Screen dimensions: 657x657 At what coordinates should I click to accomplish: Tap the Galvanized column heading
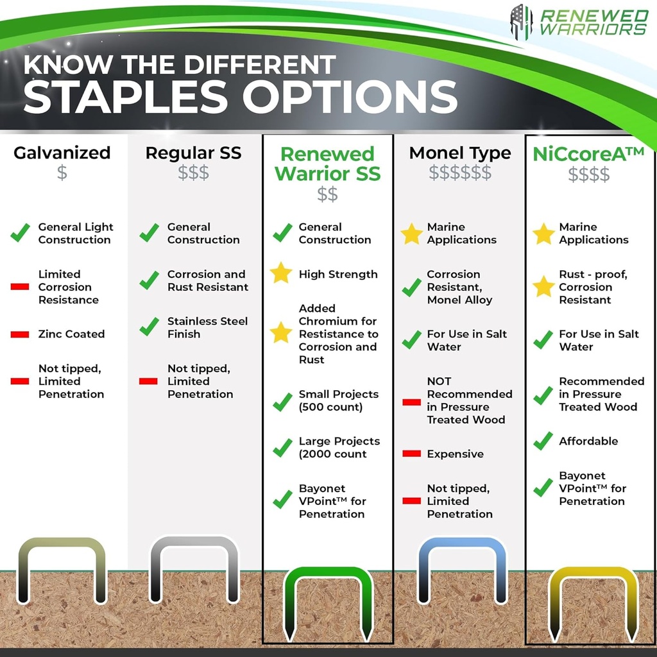click(x=62, y=153)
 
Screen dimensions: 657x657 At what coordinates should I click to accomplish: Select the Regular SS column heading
click(x=193, y=153)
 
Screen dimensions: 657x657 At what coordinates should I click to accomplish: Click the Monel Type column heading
click(x=460, y=153)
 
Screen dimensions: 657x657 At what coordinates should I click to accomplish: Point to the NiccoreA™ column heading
click(x=588, y=154)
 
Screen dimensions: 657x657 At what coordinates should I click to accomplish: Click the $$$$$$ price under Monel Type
click(x=460, y=173)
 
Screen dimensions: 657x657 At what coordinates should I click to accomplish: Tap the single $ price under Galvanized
click(x=62, y=173)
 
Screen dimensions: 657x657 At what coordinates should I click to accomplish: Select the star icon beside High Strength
click(x=281, y=274)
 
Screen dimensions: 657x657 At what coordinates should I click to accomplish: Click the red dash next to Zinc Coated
click(x=20, y=334)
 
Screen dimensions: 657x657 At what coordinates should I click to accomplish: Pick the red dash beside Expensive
click(x=411, y=454)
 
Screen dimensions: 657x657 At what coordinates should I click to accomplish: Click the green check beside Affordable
click(x=543, y=441)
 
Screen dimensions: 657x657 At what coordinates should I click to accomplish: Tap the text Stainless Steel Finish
click(x=207, y=327)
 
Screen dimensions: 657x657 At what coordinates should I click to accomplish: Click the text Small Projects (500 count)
click(x=338, y=400)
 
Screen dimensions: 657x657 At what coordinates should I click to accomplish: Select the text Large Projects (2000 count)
click(x=339, y=447)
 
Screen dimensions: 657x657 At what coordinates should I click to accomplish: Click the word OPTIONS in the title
click(x=349, y=96)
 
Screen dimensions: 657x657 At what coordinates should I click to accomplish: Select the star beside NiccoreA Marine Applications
click(x=543, y=234)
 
